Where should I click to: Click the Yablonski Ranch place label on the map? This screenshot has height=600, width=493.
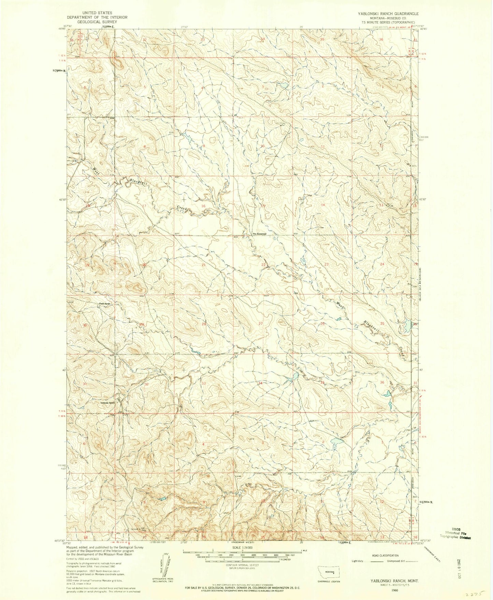coord(107,403)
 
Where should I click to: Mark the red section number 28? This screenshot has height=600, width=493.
coord(204,324)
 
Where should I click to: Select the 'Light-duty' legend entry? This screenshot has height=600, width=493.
coord(359,561)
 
